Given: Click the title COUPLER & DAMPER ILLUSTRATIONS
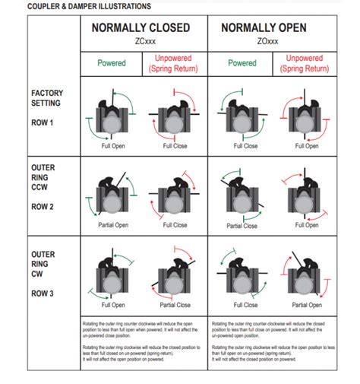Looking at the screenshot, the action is click(77, 6).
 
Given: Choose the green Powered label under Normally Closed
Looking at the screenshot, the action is click(112, 63).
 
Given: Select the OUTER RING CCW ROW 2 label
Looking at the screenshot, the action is click(45, 187).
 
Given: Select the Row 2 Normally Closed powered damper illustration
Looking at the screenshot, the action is click(112, 197).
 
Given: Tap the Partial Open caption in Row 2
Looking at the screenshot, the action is click(112, 225).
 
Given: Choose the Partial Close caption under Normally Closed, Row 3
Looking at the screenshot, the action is click(175, 305).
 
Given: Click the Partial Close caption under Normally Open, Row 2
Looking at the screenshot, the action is click(244, 226).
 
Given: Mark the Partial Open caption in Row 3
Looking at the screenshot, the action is click(306, 305).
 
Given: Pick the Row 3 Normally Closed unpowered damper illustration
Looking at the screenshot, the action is click(175, 276).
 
